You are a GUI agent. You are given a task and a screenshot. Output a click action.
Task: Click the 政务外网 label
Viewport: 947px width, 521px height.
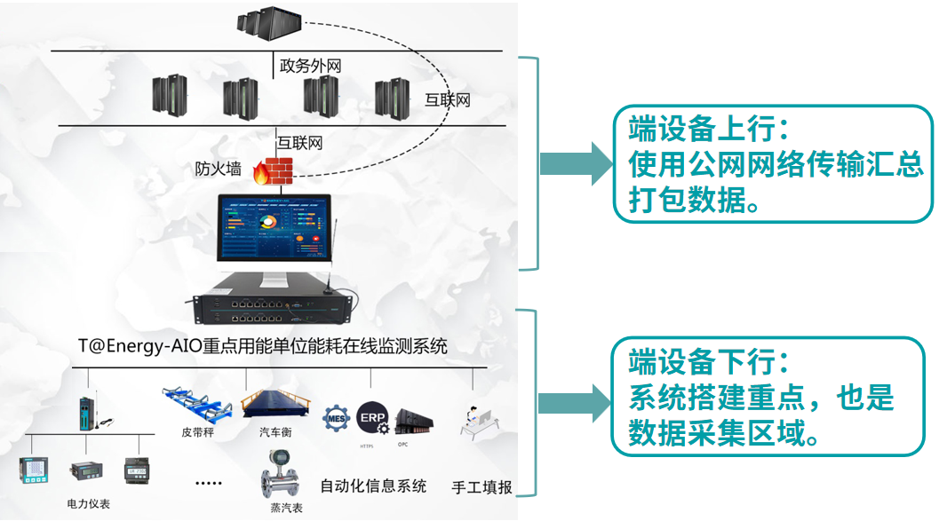pos(311,66)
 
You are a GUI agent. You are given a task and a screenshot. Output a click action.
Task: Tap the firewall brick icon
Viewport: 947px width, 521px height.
pos(279,170)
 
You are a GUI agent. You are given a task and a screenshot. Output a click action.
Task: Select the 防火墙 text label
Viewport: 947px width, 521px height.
pos(219,169)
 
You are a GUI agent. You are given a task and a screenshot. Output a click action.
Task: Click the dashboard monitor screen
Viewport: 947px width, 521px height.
pos(274,229)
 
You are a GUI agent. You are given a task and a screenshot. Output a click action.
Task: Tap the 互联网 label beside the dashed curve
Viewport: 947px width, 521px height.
pos(447,99)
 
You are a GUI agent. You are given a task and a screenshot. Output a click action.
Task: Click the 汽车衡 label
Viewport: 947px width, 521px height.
pos(275,432)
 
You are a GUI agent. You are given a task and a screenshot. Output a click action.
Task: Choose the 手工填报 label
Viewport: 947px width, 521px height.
pos(481,487)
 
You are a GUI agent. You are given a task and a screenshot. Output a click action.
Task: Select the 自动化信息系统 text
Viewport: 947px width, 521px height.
pos(373,485)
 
